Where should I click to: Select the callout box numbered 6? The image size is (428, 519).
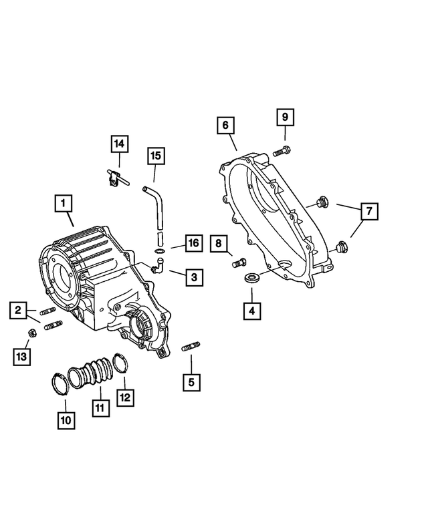[x=225, y=125]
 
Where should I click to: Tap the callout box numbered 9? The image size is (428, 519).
[x=284, y=118]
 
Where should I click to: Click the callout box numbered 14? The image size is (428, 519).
[x=119, y=144]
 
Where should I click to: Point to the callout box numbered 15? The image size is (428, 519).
[x=155, y=156]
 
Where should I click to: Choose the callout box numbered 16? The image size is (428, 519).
[x=193, y=242]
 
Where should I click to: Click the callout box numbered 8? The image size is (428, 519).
[x=218, y=244]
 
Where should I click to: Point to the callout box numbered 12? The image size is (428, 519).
[x=125, y=397]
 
